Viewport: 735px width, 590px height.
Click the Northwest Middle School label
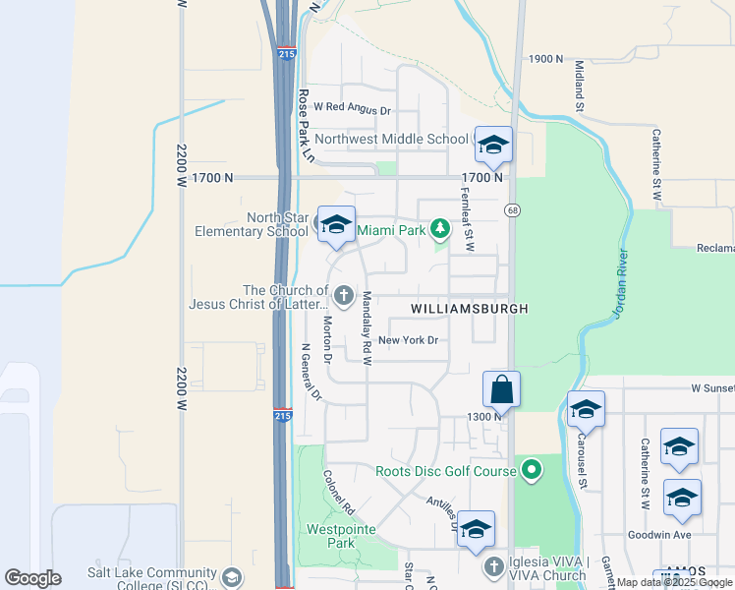[391, 140]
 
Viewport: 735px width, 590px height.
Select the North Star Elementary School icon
[336, 225]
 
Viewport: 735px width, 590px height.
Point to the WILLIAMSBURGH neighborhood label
[470, 309]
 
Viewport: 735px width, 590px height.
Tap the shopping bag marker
[501, 388]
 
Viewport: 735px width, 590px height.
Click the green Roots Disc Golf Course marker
[532, 471]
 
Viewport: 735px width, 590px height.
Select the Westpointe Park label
[330, 536]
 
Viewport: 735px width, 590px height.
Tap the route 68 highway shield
[513, 210]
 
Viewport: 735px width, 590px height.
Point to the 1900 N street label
[545, 59]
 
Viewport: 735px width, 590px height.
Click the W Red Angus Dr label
[353, 111]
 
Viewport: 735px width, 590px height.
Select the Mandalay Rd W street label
[367, 328]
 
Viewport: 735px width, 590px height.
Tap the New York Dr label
[407, 341]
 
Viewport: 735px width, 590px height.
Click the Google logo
[32, 577]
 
